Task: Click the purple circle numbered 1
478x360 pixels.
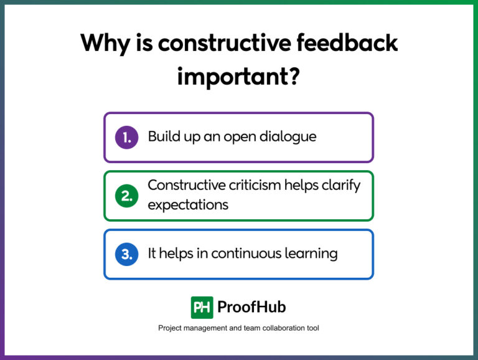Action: (126, 137)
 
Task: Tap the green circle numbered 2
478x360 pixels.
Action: (126, 196)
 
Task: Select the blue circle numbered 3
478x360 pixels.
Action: (126, 254)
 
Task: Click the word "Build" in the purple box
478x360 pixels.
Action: (163, 136)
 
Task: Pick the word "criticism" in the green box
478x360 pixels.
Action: (256, 186)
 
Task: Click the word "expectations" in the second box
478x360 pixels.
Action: (188, 204)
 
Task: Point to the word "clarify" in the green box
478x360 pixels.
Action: (340, 186)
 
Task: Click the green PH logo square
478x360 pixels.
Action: (202, 307)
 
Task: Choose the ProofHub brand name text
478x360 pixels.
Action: (251, 307)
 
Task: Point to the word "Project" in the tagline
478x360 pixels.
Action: (171, 328)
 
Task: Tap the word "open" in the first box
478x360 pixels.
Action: (237, 137)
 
